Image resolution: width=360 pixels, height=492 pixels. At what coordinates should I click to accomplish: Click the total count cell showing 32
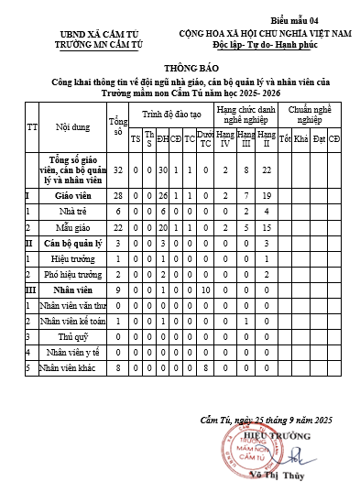(117, 170)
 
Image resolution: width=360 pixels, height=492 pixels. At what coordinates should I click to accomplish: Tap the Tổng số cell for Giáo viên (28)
(117, 195)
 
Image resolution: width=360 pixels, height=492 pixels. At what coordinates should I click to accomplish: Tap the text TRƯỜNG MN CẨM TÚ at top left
(86, 43)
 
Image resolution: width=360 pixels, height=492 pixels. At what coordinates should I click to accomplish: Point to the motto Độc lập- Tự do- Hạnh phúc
(265, 43)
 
